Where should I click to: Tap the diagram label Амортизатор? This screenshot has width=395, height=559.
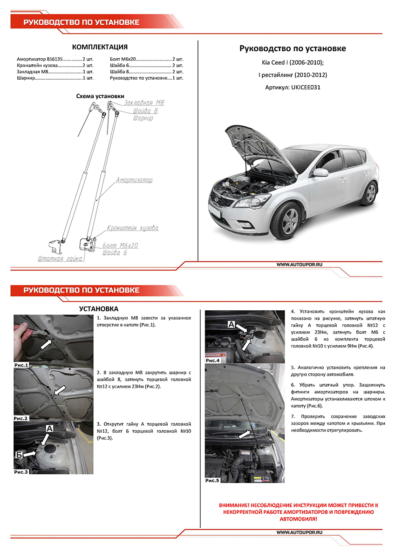(134, 180)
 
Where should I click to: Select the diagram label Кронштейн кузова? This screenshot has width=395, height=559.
(132, 228)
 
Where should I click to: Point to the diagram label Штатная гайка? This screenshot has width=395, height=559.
(60, 258)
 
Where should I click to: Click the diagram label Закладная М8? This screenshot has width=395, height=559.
(144, 102)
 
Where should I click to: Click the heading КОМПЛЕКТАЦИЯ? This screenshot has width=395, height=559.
(100, 47)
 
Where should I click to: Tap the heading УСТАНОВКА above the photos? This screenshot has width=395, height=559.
(99, 308)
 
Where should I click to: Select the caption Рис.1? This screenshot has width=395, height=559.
(21, 365)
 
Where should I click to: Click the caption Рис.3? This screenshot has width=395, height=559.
(21, 471)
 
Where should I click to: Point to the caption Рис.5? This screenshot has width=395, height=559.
(212, 480)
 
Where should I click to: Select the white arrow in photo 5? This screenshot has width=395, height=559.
(247, 434)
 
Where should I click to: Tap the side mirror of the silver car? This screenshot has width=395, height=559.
(320, 172)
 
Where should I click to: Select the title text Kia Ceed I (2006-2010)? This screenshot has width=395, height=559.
(293, 62)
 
